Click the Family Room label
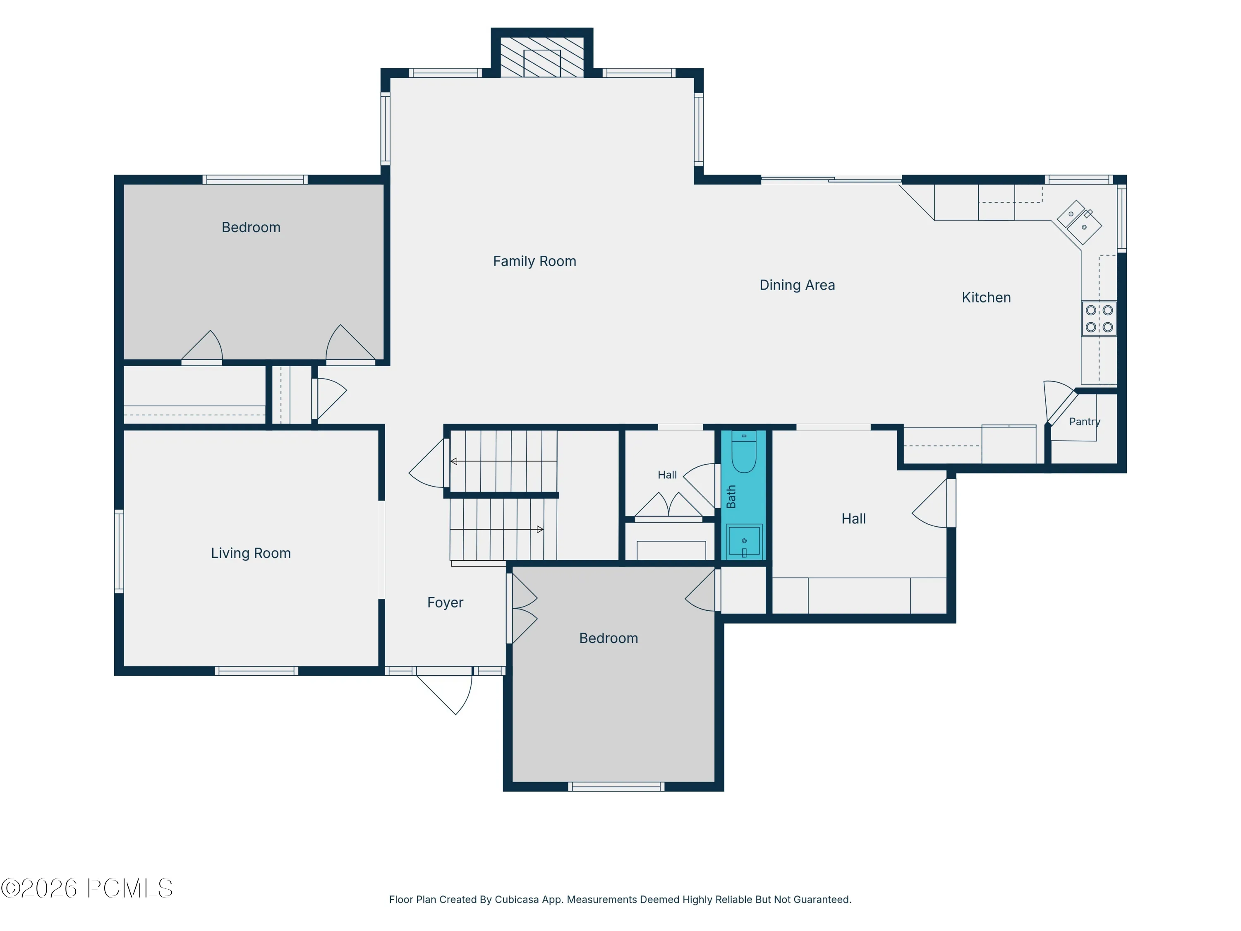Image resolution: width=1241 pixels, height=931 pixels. coord(534,261)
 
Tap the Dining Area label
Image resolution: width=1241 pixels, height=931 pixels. coord(797,285)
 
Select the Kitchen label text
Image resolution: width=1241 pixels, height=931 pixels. coord(986,298)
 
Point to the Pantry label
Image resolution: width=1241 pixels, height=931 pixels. coord(1085,422)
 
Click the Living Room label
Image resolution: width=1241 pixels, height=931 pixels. coord(251,553)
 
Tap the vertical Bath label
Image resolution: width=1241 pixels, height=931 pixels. coord(731,497)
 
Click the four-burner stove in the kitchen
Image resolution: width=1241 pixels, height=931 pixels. coord(1099,319)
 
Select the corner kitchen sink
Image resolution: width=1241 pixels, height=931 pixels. coord(1079,222)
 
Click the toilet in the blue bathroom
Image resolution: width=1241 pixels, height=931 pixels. coord(744,452)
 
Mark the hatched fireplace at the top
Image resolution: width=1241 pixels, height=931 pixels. coord(541,57)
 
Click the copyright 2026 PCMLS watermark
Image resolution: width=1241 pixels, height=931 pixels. coord(87,888)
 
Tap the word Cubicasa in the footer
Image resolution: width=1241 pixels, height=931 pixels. coord(517,900)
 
